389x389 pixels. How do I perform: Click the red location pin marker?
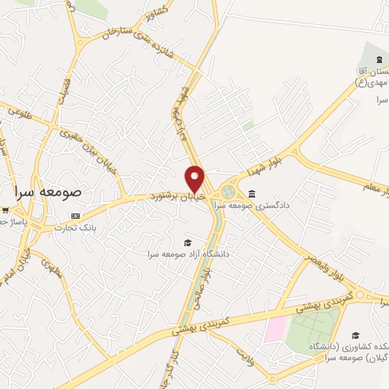pyautogui.click(x=195, y=176)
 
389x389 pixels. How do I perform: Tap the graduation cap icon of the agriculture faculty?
pyautogui.click(x=355, y=334)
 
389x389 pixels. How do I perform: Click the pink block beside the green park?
pyautogui.click(x=276, y=329)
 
